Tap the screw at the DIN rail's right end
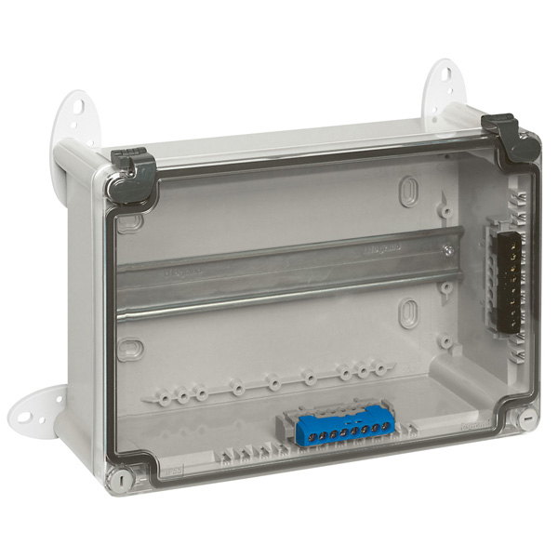447,250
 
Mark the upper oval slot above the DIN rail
407,193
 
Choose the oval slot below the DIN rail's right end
406,314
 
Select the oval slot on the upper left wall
130,222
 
